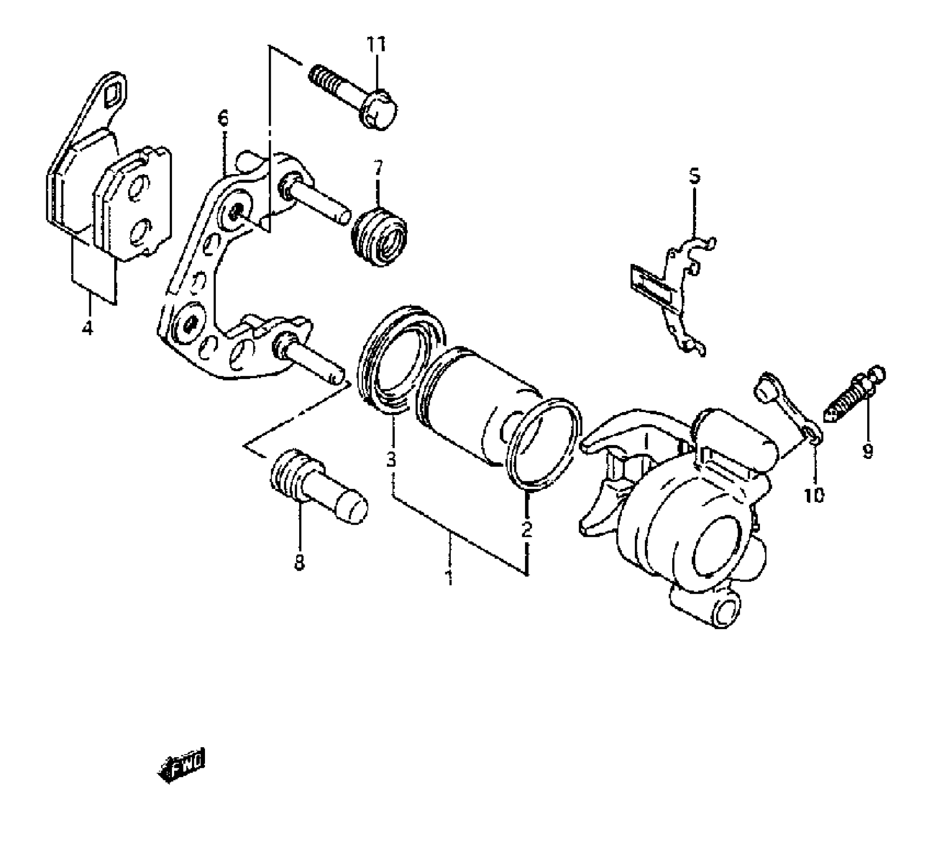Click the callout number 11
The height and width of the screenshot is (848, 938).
[376, 45]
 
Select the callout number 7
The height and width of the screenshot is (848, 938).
[377, 169]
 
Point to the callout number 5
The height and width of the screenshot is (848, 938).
[695, 176]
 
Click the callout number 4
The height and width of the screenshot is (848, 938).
[88, 328]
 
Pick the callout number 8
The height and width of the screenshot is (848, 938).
[299, 563]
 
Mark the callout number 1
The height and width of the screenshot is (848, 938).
[449, 577]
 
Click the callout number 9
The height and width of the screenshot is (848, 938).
[868, 450]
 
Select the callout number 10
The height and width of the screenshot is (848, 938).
[814, 495]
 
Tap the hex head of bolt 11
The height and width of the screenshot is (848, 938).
[380, 110]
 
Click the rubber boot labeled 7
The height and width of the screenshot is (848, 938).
[379, 237]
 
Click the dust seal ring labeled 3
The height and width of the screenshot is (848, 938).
[399, 357]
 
